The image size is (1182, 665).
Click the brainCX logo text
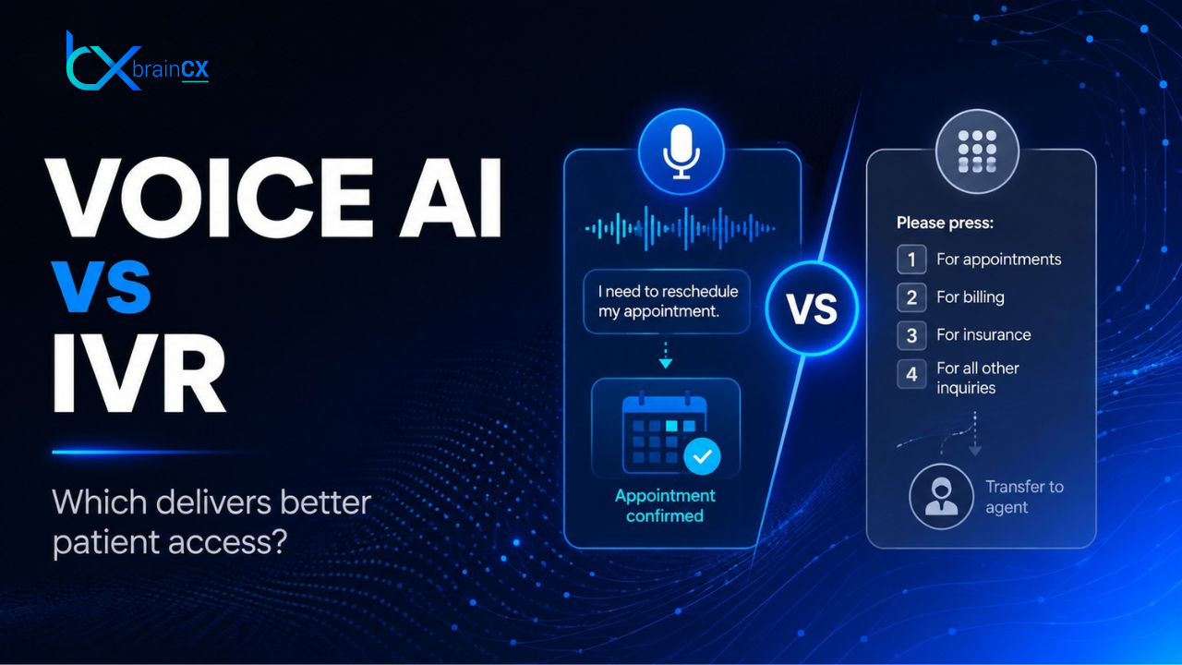(x=171, y=69)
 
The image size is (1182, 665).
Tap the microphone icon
(x=681, y=151)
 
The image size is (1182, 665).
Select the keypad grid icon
(x=977, y=151)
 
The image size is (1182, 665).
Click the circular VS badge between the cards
(x=812, y=308)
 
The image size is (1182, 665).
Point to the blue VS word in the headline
(x=101, y=286)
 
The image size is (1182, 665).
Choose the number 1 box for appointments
(x=911, y=260)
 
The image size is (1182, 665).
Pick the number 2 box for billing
(x=911, y=297)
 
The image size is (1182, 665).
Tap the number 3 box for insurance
(x=911, y=335)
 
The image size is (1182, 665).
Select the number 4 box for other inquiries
(x=911, y=374)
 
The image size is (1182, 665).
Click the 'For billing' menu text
(x=971, y=297)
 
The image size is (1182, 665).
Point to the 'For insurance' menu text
(x=983, y=334)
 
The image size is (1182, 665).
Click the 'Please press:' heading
(x=945, y=223)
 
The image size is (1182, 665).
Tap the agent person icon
(x=941, y=496)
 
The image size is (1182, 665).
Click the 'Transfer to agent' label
(x=1024, y=497)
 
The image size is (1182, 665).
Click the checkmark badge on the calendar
(x=702, y=456)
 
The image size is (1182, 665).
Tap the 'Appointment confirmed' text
(x=665, y=505)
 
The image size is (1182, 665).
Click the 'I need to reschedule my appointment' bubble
(x=667, y=301)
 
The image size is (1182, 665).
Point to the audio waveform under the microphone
(x=681, y=228)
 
